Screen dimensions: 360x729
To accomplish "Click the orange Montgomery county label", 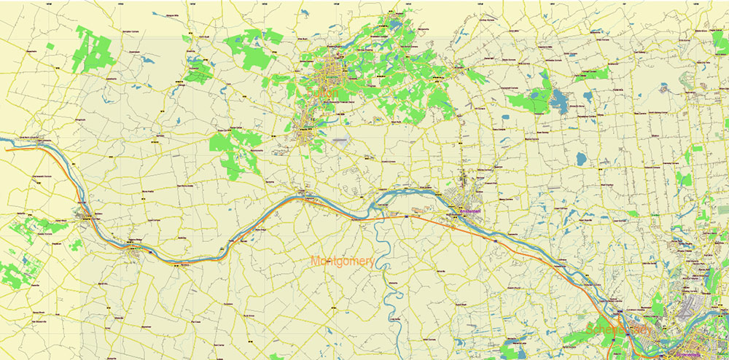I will [343, 261].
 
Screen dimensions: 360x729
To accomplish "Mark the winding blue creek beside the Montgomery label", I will [379, 248].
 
